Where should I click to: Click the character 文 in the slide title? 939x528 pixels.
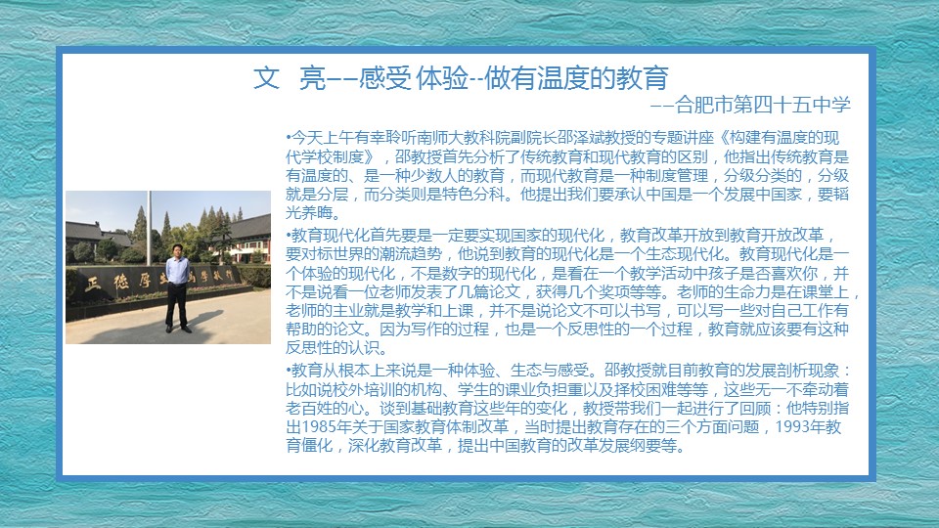click(x=266, y=78)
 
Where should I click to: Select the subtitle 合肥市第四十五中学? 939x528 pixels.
click(x=762, y=105)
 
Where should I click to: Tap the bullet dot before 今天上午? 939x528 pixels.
click(x=288, y=138)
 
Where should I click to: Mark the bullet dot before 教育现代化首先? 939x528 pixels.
click(x=288, y=236)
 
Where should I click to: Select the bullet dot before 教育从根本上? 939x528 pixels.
click(x=288, y=371)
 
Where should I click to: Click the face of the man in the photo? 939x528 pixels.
click(x=177, y=250)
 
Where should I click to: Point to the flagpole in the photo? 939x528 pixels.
click(x=149, y=228)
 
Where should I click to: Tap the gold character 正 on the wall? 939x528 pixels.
click(x=93, y=284)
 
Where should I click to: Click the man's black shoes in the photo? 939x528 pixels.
click(x=178, y=329)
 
